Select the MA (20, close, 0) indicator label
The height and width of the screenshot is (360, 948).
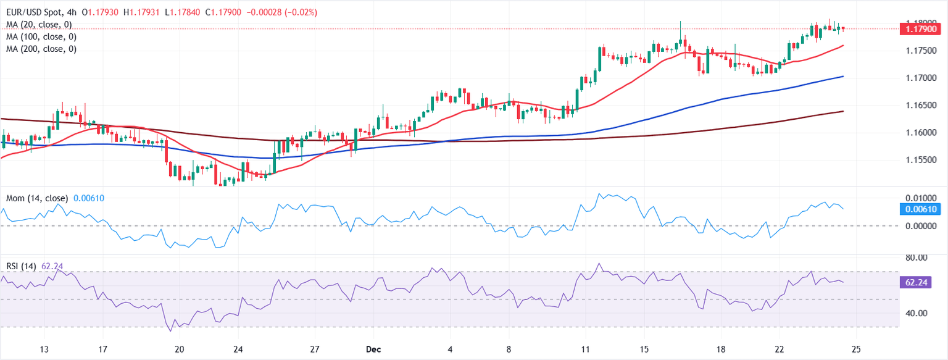point(38,24)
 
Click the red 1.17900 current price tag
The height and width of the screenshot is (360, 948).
point(920,28)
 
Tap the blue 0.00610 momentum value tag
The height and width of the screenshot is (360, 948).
point(920,209)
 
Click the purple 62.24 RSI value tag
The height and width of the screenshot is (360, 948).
point(920,282)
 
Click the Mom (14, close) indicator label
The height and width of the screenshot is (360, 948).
point(37,198)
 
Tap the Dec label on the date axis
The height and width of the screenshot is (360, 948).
point(372,349)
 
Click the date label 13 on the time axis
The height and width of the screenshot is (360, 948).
point(44,349)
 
